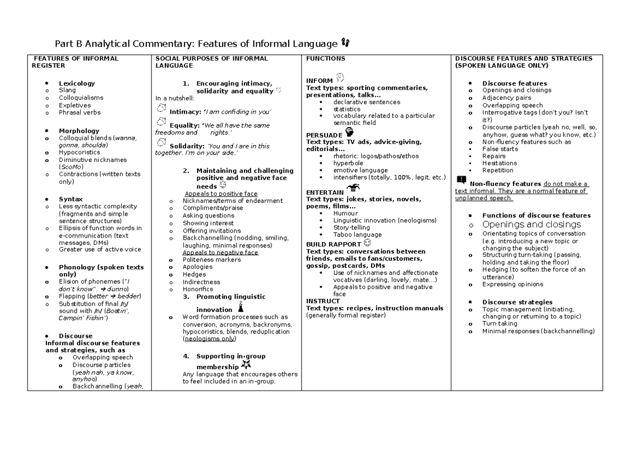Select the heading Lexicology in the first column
77,83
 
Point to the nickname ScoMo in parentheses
71,167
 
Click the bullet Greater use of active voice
100,250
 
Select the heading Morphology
79,131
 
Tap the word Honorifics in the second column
197,289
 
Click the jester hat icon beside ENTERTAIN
352,188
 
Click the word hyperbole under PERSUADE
348,163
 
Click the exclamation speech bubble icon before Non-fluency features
461,180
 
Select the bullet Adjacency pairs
506,98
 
